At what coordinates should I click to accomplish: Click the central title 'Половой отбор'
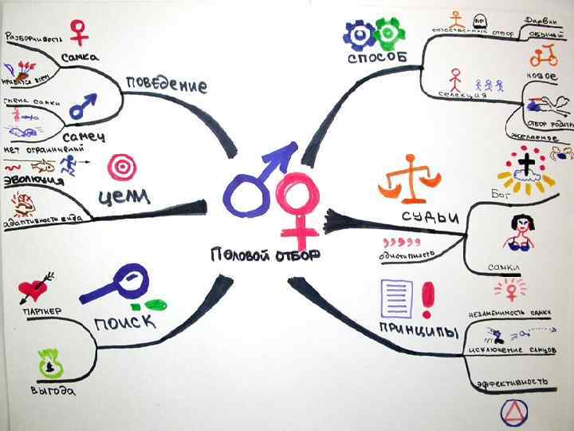coord(265,255)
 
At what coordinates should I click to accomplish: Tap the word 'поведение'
coord(166,85)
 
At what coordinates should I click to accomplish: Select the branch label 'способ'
coord(377,58)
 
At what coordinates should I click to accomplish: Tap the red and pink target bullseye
coord(122,166)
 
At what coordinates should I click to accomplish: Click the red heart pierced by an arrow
coord(34,288)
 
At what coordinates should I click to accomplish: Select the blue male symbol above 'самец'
coord(83,105)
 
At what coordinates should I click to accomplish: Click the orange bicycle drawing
coord(544,55)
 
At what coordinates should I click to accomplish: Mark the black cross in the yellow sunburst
coord(527,168)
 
